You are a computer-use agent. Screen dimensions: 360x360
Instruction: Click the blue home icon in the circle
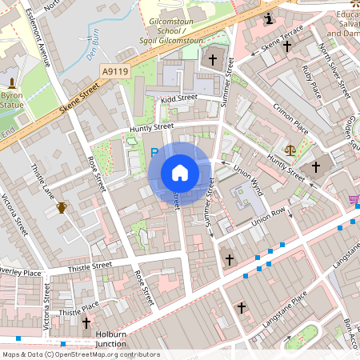tap(180, 172)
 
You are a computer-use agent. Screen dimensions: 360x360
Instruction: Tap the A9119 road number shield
tap(114, 71)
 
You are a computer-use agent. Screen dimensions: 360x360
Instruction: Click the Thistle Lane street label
tap(41, 182)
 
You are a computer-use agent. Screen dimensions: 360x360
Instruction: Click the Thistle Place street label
tap(78, 308)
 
